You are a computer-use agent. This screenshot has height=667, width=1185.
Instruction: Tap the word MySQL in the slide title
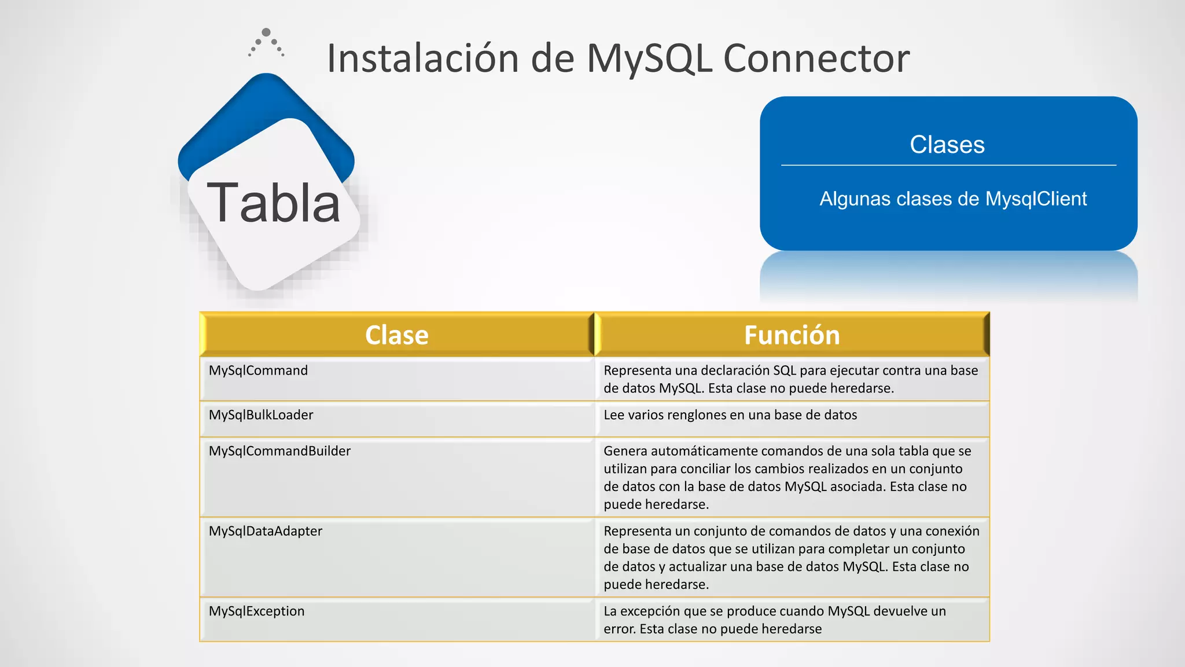[649, 58]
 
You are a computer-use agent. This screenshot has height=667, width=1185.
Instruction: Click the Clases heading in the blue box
[947, 144]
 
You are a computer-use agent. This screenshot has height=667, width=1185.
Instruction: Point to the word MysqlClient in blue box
[1036, 199]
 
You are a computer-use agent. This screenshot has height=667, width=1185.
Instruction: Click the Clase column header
[396, 335]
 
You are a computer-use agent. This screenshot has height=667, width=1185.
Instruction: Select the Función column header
[792, 335]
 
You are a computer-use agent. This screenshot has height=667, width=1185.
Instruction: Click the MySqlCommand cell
[258, 371]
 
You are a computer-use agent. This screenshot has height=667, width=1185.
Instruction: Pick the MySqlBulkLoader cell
[260, 415]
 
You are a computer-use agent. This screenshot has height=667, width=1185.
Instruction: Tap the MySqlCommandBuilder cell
[279, 451]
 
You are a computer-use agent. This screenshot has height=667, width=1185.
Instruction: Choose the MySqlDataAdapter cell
[265, 531]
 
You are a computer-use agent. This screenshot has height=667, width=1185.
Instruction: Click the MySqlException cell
[256, 611]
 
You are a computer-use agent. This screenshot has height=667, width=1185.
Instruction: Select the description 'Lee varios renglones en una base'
[730, 415]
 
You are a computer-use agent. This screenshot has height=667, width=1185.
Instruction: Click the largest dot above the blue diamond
[266, 32]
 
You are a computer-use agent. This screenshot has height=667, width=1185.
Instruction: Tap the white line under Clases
[948, 165]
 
